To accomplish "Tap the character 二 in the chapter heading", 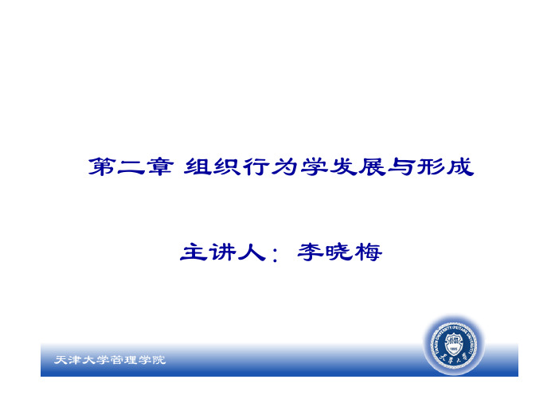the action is [x=131, y=167].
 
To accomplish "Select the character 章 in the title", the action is [x=160, y=166].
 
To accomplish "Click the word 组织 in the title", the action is [x=213, y=166].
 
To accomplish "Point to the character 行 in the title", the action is [x=256, y=166].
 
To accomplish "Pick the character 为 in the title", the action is [x=285, y=166].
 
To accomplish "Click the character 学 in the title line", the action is [x=314, y=166].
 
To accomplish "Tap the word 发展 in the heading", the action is [x=358, y=166].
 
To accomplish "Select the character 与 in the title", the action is [x=402, y=166].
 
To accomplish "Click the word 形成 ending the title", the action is [x=445, y=166].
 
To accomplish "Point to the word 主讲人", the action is [x=223, y=252].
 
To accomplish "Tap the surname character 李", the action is [x=311, y=252].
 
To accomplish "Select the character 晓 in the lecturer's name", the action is [x=339, y=252].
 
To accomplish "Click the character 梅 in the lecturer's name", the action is [x=368, y=252].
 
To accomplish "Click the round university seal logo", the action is [x=453, y=345].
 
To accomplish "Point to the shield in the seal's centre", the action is [x=453, y=342].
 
